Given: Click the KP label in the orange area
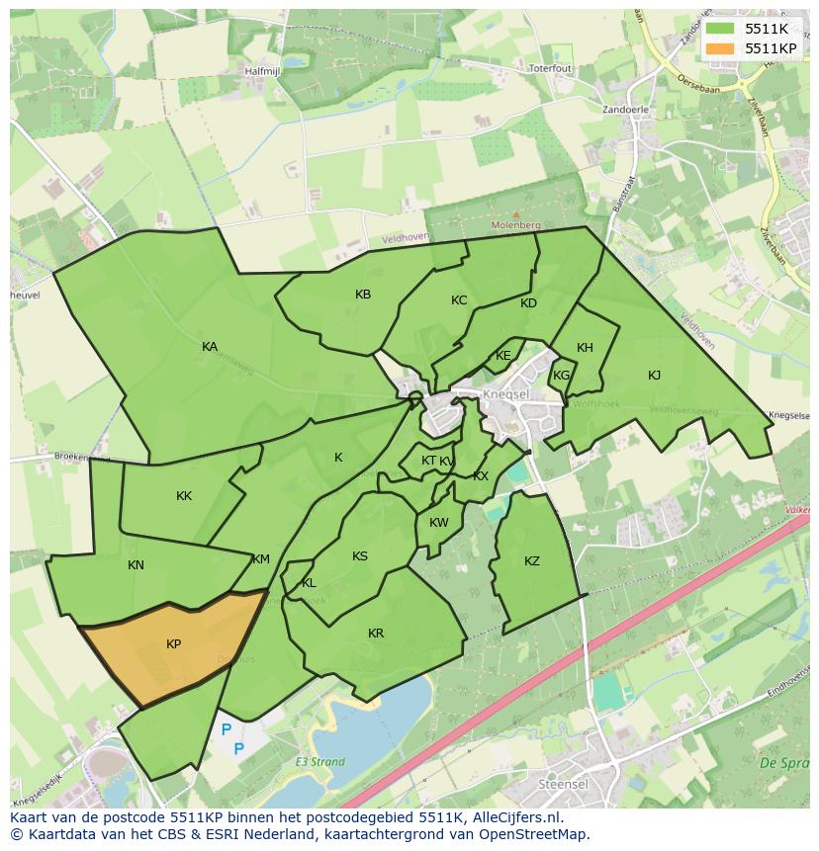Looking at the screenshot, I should [173, 644].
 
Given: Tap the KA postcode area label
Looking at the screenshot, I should [210, 347].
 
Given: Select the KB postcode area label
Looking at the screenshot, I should [363, 295].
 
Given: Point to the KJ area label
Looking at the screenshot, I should [654, 375].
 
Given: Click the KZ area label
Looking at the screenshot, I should [532, 561].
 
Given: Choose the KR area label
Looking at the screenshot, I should [376, 634].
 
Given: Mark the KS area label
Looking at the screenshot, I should [360, 556].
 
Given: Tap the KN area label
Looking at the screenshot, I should [136, 565].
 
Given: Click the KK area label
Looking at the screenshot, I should [184, 496].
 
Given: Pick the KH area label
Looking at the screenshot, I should [585, 348].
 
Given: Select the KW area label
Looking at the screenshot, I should [439, 523].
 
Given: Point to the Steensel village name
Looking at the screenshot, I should [564, 783].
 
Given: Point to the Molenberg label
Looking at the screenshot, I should [514, 225].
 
